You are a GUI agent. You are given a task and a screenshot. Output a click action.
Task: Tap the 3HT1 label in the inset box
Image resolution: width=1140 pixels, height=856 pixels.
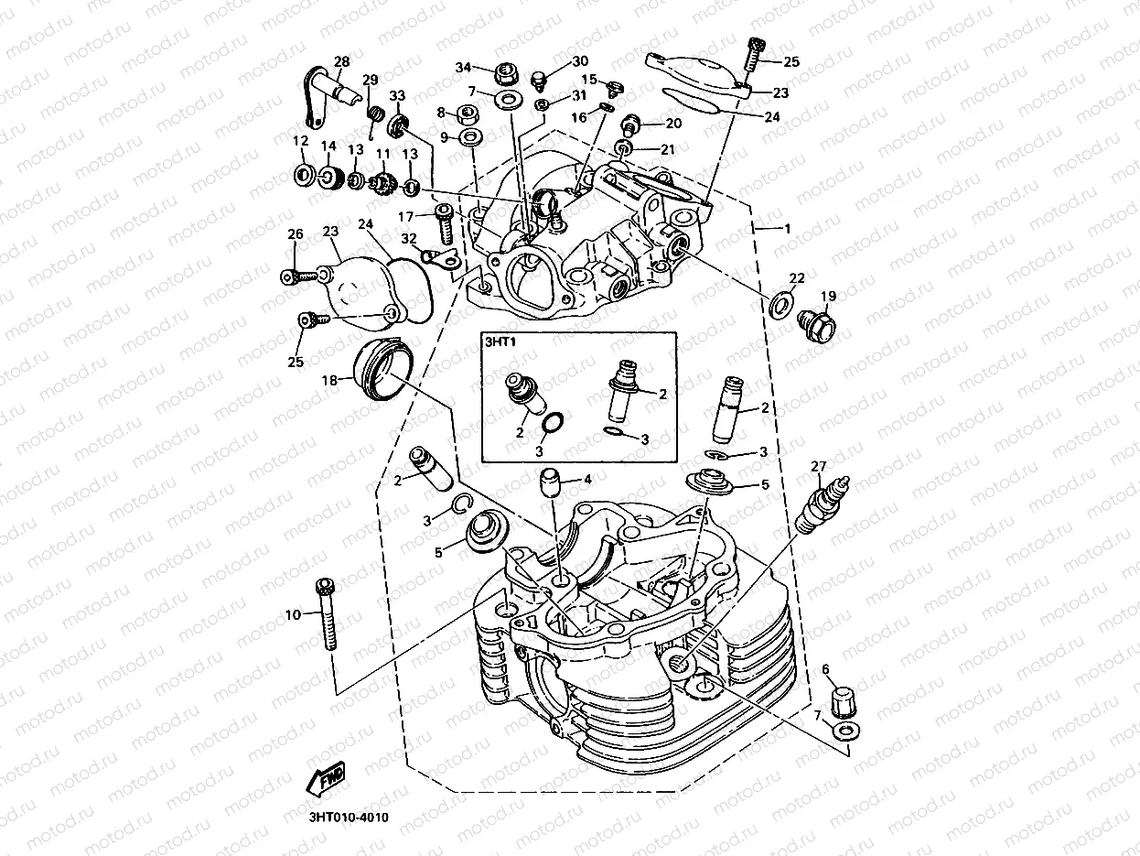[x=501, y=343]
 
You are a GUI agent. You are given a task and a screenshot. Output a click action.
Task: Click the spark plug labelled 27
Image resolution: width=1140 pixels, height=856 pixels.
[x=821, y=505]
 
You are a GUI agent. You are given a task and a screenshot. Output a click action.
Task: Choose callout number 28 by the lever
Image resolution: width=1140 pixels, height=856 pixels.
[x=341, y=62]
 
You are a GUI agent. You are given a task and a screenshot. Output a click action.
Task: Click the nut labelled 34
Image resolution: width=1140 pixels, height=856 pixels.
[x=502, y=71]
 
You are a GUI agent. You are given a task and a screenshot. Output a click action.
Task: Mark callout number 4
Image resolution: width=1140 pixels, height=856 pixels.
[x=587, y=479]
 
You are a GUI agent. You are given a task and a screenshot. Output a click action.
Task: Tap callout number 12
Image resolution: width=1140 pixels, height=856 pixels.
[x=299, y=141]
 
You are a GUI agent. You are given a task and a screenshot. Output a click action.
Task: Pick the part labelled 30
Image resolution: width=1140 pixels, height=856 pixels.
[x=539, y=73]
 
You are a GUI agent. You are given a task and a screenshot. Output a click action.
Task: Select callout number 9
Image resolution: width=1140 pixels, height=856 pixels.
[x=444, y=137]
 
